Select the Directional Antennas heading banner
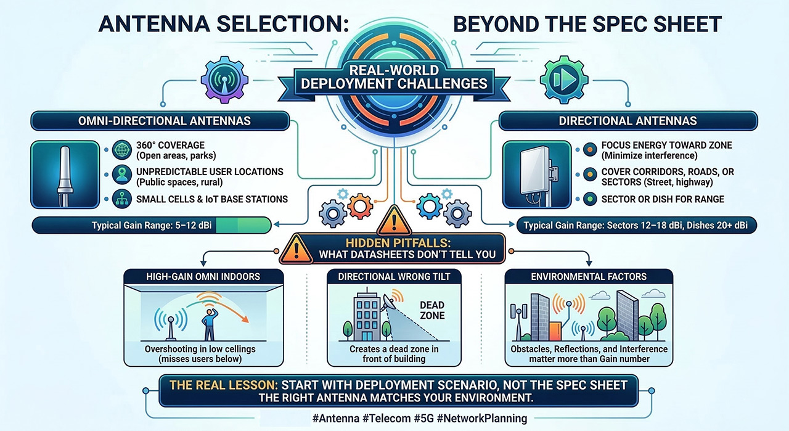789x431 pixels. (x=628, y=120)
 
